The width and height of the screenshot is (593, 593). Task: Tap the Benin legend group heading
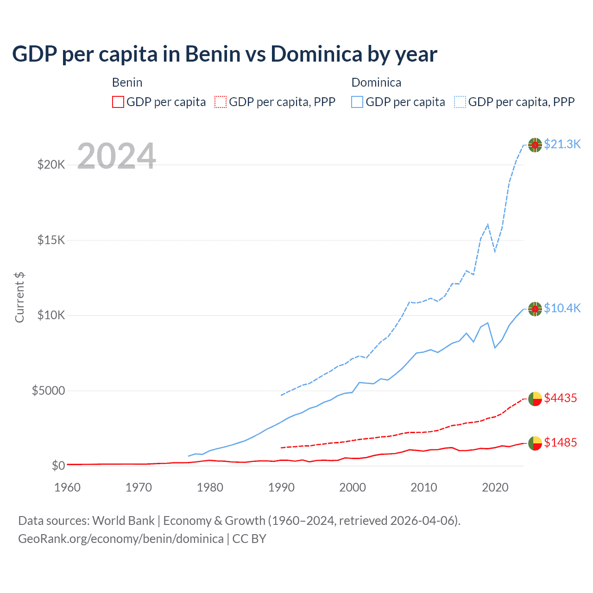coord(127,82)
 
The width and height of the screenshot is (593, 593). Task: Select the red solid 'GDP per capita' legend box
coord(118,102)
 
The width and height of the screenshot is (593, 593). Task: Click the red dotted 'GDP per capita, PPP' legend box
coord(221,102)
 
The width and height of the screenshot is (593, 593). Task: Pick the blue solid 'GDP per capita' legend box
coord(357,102)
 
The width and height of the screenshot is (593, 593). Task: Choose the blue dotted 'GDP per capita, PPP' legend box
coord(460,102)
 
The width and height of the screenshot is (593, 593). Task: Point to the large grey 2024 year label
coord(116,156)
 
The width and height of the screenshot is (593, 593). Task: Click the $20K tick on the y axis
coord(51,164)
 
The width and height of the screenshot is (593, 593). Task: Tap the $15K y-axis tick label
coord(51,240)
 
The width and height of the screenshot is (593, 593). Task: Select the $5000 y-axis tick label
coord(48,391)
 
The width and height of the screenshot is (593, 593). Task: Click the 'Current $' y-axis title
coord(19,297)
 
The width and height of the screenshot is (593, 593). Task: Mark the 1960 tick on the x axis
coord(68,487)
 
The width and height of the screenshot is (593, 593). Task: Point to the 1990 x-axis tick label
coord(281,487)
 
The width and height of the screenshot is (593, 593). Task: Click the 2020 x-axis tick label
coord(495,487)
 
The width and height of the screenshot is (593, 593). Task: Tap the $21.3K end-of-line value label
coord(562,144)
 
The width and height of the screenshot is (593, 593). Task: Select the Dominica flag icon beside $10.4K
coord(535,309)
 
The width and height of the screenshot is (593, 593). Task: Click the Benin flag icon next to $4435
coord(535,398)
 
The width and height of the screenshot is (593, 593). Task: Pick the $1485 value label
coord(560,442)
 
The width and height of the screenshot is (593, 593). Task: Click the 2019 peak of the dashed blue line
coord(488,224)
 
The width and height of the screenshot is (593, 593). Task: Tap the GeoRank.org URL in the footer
coord(121,539)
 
